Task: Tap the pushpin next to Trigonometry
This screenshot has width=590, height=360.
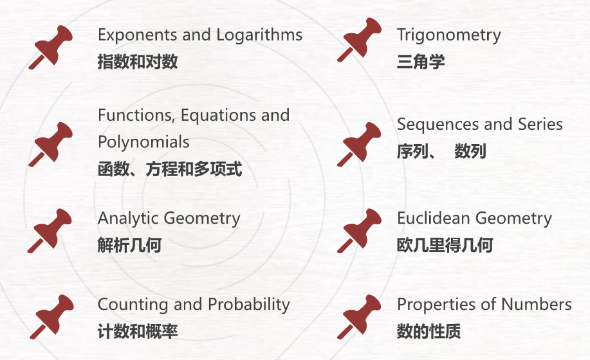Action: (x=360, y=40)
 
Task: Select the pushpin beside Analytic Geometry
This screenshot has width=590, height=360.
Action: (x=50, y=230)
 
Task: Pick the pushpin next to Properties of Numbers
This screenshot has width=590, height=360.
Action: (x=360, y=316)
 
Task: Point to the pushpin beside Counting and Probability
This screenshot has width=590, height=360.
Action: (x=51, y=316)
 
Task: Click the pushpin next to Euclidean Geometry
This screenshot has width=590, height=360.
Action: (x=360, y=230)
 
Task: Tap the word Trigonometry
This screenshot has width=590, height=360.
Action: (x=448, y=35)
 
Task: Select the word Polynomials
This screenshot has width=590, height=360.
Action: (x=143, y=141)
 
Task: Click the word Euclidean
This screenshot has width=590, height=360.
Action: (x=430, y=219)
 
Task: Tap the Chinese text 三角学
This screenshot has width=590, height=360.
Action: (x=421, y=62)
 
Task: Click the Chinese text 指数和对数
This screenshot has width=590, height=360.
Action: (x=138, y=62)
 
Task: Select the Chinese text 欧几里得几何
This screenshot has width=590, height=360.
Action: (x=445, y=246)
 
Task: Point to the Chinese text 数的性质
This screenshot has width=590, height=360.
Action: (x=429, y=332)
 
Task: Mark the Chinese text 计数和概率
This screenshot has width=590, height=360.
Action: (x=138, y=332)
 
